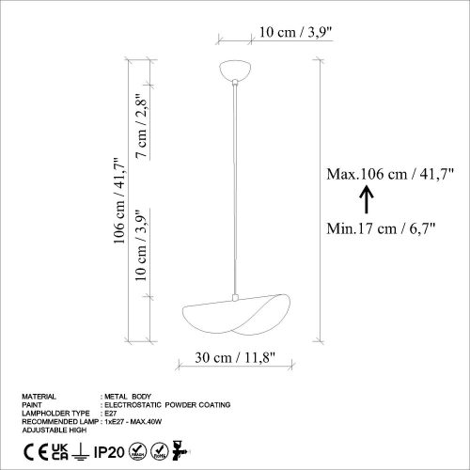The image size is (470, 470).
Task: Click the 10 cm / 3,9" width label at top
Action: (294, 32)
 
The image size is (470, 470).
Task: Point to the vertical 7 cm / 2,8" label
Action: (142, 126)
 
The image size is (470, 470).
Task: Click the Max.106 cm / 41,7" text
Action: (390, 173)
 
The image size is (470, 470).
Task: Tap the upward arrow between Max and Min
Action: (368, 198)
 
